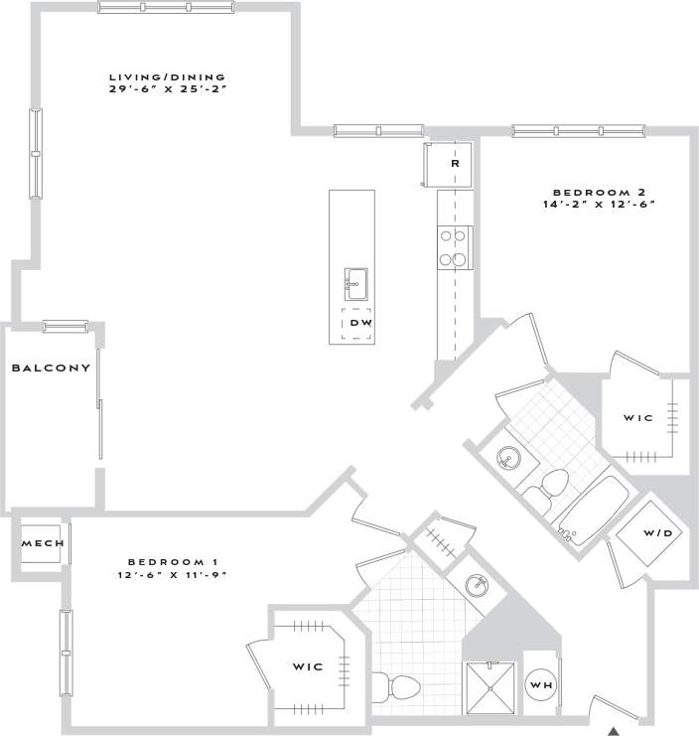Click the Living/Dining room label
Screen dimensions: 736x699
coord(168,76)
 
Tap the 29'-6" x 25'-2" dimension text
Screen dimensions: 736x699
coord(168,89)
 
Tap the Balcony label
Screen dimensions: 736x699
coord(51,368)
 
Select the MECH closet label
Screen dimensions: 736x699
coord(43,543)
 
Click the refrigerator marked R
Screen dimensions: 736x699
coord(452,163)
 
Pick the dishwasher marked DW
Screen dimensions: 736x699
coord(359,324)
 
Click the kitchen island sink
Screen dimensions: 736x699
coord(356,284)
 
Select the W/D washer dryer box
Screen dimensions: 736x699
coord(656,533)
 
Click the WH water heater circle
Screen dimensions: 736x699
coord(540,685)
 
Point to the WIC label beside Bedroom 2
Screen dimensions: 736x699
coord(637,418)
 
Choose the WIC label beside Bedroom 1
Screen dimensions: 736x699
coord(307,666)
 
